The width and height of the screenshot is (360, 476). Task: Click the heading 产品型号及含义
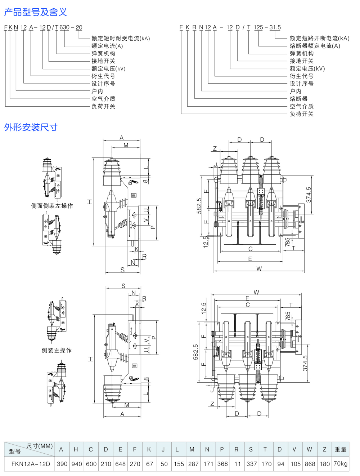coord(35,12)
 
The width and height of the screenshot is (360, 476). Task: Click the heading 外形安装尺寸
coord(31,127)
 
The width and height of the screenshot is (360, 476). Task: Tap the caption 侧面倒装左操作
coord(52,206)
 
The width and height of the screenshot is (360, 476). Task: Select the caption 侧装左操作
coord(57,350)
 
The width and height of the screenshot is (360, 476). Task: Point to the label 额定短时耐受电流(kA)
coord(121,38)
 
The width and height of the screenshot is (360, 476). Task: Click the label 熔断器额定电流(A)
coord(315,46)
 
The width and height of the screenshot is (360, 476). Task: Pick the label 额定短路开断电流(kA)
coord(319,38)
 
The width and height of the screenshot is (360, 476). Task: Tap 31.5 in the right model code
coord(275,27)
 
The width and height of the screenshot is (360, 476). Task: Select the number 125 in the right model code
coord(258,27)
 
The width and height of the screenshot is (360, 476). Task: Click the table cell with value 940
coord(76,464)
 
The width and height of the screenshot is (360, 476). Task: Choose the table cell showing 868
coord(310,464)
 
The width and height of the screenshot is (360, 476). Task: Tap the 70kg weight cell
coord(340,463)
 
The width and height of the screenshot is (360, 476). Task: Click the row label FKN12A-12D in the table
coord(31,464)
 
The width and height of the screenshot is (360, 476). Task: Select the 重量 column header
coord(340,449)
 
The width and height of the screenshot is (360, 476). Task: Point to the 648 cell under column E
coord(120,464)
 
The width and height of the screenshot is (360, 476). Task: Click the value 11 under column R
coord(237,464)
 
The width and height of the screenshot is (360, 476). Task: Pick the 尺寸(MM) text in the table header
coord(40,446)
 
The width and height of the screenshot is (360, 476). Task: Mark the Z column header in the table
coord(324,449)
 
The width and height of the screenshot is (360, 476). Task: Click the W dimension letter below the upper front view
coord(259,268)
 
